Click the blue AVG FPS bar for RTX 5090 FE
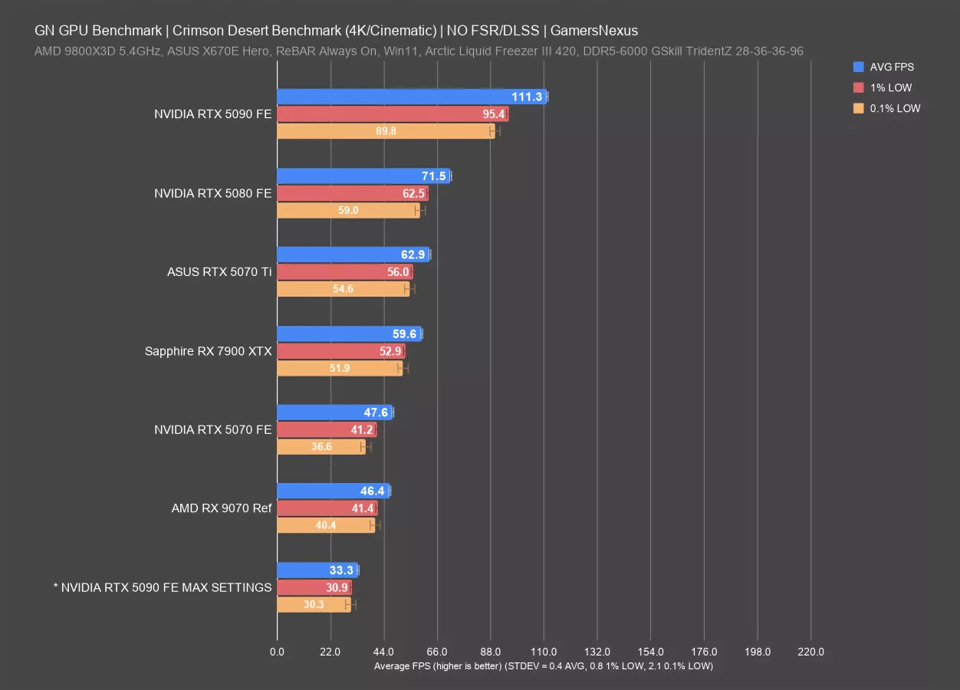(x=410, y=97)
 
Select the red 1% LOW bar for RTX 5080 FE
(x=352, y=193)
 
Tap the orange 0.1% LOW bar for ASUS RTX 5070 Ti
(x=343, y=289)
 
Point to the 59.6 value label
(x=404, y=334)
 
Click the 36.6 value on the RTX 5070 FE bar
(x=321, y=446)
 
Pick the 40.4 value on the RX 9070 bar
(x=326, y=525)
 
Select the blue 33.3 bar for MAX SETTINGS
(x=317, y=570)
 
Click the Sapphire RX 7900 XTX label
(x=208, y=351)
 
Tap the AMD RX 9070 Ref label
(x=222, y=508)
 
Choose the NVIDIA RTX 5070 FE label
(x=212, y=429)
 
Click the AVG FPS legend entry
(x=891, y=67)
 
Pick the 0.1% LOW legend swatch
(x=858, y=108)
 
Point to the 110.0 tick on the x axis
(x=544, y=652)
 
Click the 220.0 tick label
(x=810, y=652)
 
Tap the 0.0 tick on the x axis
(x=277, y=652)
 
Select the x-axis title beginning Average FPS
(x=543, y=666)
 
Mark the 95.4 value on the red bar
(x=493, y=114)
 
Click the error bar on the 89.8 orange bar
(x=495, y=131)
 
